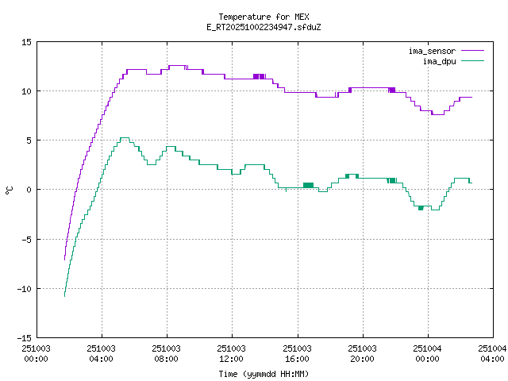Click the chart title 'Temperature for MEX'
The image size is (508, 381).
click(263, 17)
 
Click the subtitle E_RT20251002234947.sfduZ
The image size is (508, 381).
click(263, 26)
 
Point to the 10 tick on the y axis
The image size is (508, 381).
click(26, 90)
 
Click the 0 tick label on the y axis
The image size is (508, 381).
click(29, 189)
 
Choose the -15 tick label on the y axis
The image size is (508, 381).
click(24, 337)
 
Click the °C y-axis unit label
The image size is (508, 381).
click(10, 190)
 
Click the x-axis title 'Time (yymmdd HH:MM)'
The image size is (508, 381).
click(264, 373)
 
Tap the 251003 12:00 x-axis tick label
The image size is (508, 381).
click(232, 353)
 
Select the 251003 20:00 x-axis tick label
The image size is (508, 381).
click(362, 353)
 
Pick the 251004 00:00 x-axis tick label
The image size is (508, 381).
click(427, 353)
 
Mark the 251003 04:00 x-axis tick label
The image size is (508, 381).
click(102, 353)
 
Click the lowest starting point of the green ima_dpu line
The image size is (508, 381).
click(64, 296)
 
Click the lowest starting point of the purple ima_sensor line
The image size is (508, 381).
click(64, 260)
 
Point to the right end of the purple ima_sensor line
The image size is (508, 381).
click(471, 97)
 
